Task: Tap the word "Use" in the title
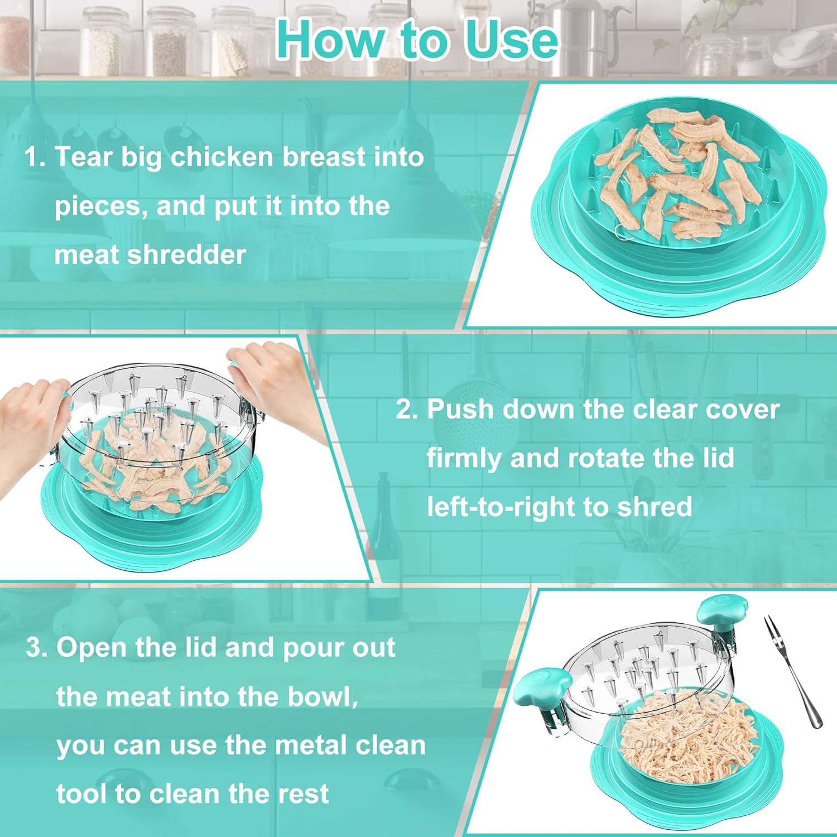tap(512, 39)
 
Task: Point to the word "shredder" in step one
tap(186, 255)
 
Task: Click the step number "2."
tap(407, 409)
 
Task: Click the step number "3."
tap(37, 648)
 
